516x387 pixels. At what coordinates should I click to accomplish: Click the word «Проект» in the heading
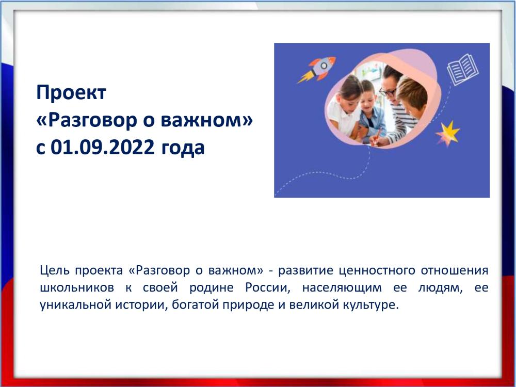(71, 93)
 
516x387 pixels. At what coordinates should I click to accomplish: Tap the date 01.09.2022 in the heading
(103, 147)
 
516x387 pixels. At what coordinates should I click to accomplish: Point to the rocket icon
(317, 69)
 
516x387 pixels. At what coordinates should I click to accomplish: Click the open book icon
(462, 69)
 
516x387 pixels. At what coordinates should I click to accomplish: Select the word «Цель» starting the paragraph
(55, 270)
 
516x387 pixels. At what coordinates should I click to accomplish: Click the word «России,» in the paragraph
(268, 287)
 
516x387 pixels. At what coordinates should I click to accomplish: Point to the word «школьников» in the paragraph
(77, 287)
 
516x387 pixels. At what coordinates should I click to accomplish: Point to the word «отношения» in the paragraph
(455, 270)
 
